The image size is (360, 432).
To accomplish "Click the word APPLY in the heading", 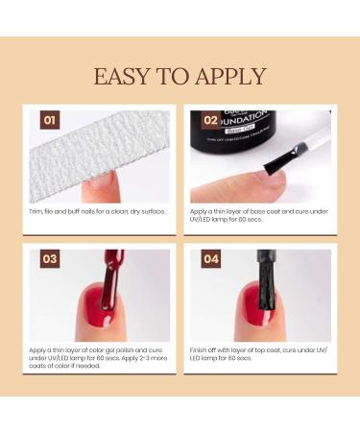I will tap(232, 77).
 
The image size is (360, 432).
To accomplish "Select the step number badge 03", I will tap(50, 260).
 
